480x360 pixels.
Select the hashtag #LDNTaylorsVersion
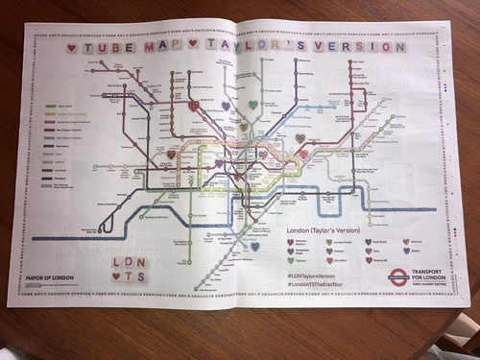click(317, 276)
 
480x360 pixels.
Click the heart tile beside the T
click(116, 277)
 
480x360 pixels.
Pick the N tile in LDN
click(143, 261)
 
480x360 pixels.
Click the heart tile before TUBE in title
click(71, 46)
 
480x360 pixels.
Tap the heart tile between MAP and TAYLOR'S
click(193, 44)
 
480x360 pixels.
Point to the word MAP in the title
click(162, 45)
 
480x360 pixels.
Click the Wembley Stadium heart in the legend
click(290, 242)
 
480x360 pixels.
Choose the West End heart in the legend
click(405, 242)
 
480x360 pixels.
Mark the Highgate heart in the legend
click(290, 259)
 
